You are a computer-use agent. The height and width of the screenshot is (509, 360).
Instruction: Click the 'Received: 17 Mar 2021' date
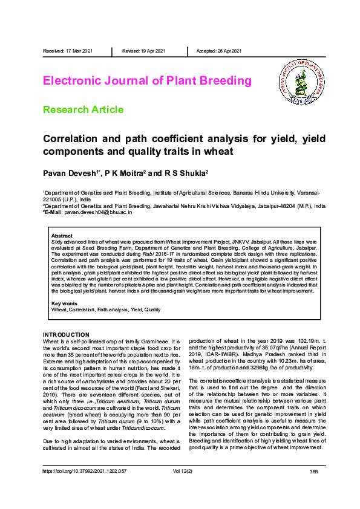pyautogui.click(x=68, y=51)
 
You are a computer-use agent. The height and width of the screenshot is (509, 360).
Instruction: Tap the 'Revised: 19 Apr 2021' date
pyautogui.click(x=143, y=51)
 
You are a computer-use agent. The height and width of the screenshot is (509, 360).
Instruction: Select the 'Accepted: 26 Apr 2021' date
pyautogui.click(x=219, y=51)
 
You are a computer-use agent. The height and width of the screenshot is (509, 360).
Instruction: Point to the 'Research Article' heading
pyautogui.click(x=83, y=109)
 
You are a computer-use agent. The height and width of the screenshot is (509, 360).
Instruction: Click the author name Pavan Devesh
pyautogui.click(x=70, y=173)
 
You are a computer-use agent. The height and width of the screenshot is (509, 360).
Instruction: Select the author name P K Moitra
pyautogui.click(x=126, y=173)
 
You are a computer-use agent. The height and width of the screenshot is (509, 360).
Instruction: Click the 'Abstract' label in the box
pyautogui.click(x=62, y=236)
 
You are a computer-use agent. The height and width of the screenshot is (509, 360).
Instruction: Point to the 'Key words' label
pyautogui.click(x=64, y=303)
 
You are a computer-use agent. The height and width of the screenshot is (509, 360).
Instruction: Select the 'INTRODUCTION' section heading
pyautogui.click(x=66, y=335)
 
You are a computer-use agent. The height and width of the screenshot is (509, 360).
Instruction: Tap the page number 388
pyautogui.click(x=313, y=487)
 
